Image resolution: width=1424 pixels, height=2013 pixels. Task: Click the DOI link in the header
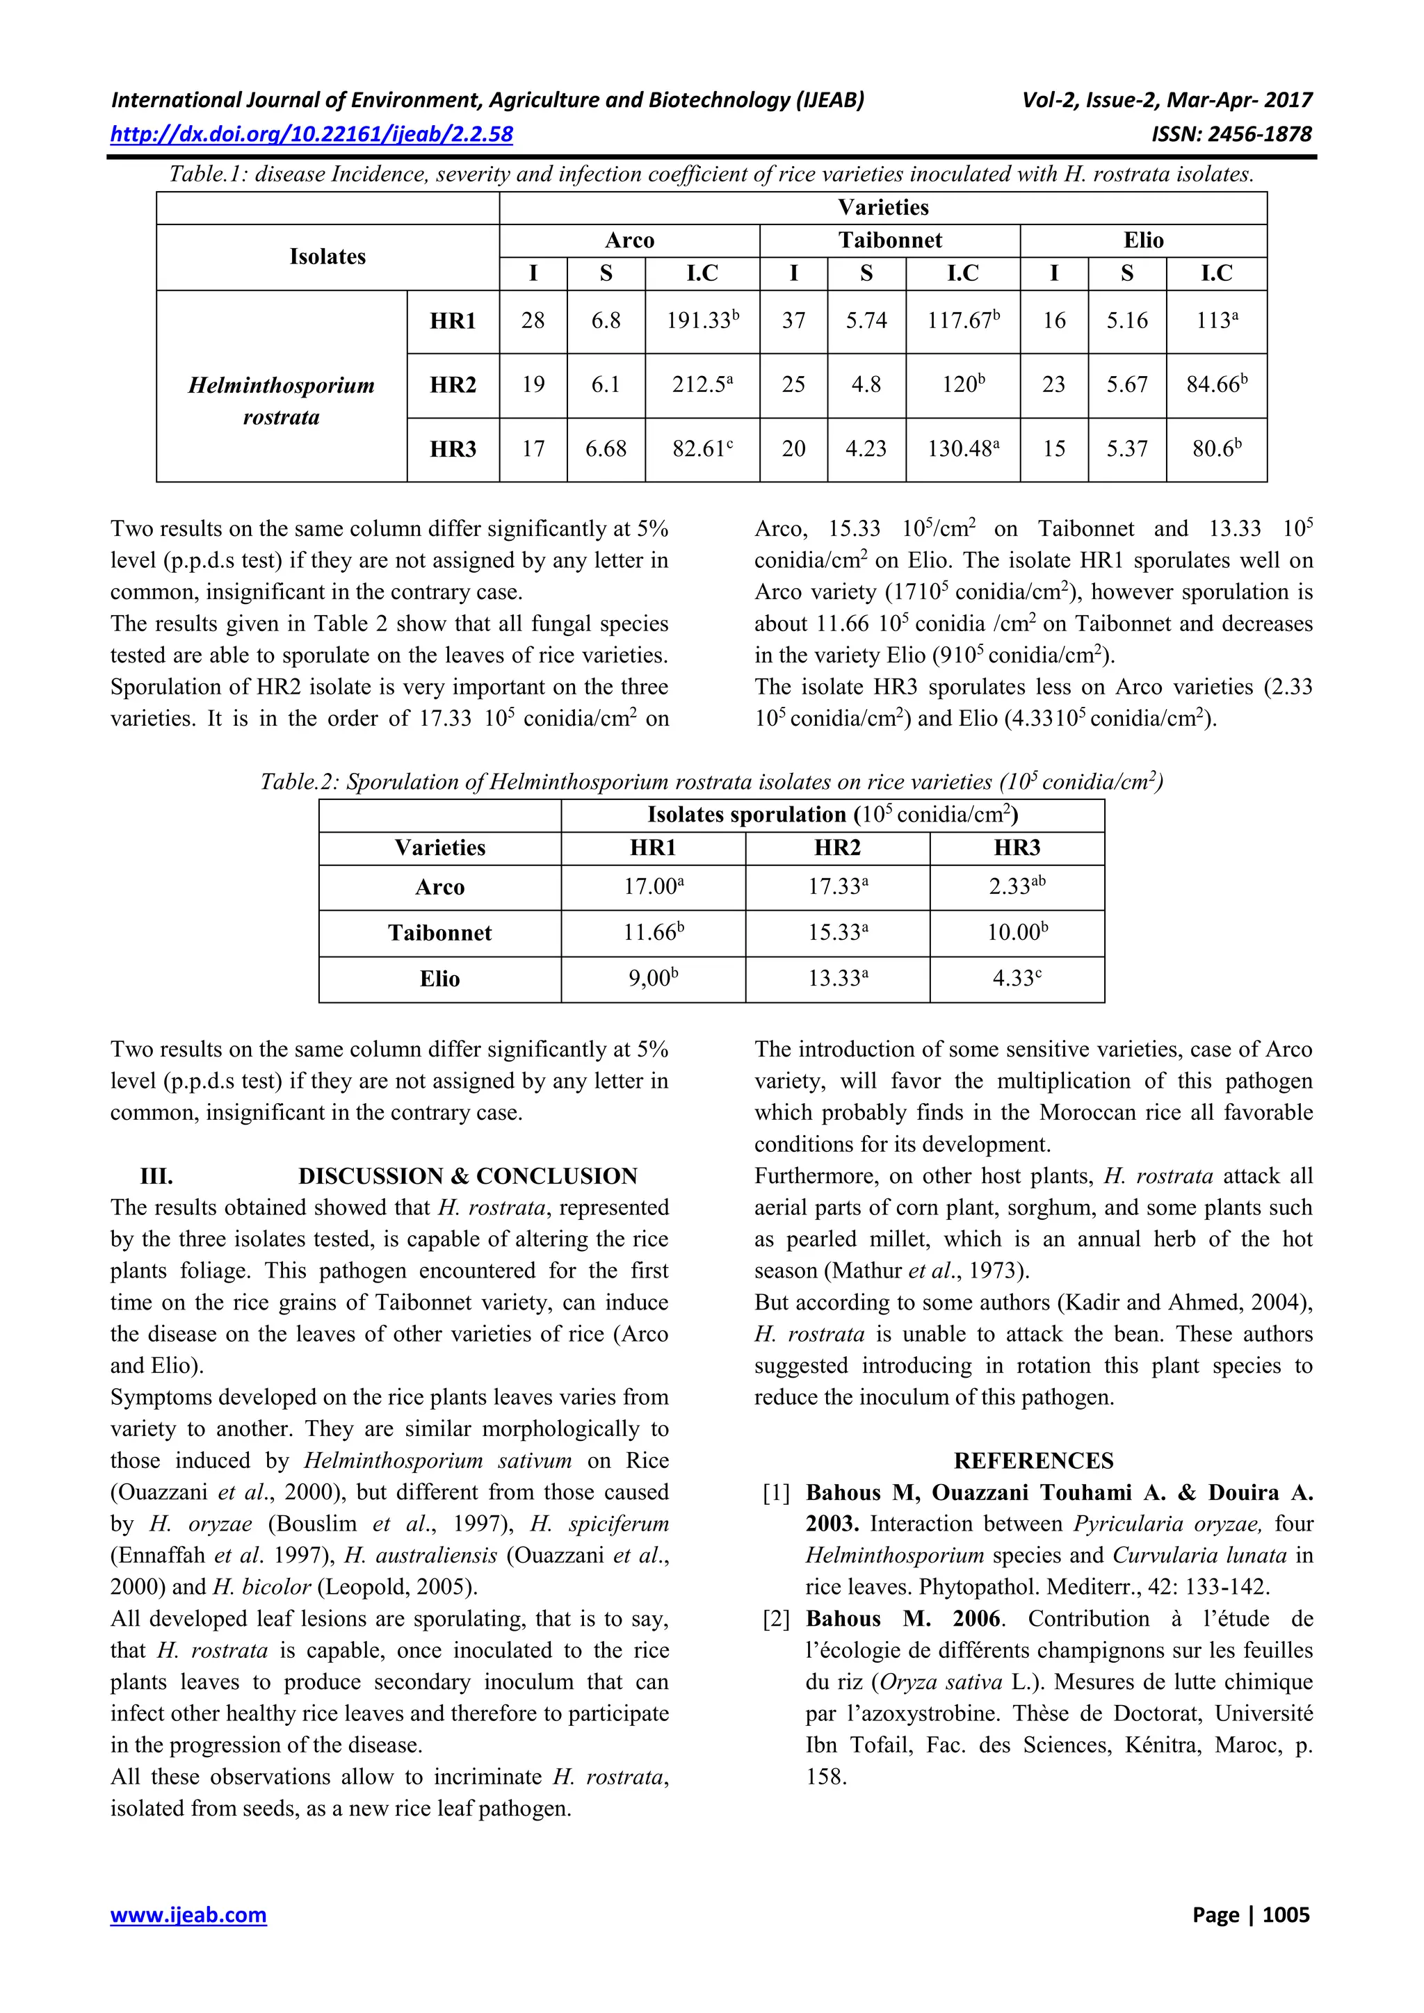pyautogui.click(x=311, y=134)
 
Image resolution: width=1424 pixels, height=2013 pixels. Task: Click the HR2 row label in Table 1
pyautogui.click(x=453, y=385)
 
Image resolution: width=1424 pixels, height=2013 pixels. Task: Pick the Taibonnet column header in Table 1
pyautogui.click(x=889, y=241)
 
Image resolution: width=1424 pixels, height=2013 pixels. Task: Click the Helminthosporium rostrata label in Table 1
pyautogui.click(x=281, y=400)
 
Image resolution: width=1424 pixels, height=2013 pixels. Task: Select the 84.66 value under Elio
pyautogui.click(x=1215, y=385)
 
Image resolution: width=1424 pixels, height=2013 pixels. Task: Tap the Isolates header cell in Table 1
pyautogui.click(x=327, y=257)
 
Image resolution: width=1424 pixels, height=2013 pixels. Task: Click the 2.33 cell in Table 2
pyautogui.click(x=1017, y=886)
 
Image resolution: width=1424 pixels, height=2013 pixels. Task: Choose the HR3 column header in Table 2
pyautogui.click(x=1017, y=848)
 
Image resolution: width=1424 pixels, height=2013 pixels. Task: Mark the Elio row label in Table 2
pyautogui.click(x=439, y=979)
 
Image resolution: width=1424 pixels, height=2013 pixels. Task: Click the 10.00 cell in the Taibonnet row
pyautogui.click(x=1017, y=933)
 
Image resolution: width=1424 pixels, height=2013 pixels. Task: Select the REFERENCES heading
pyautogui.click(x=1033, y=1460)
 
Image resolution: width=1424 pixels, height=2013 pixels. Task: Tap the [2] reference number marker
pyautogui.click(x=776, y=1618)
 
